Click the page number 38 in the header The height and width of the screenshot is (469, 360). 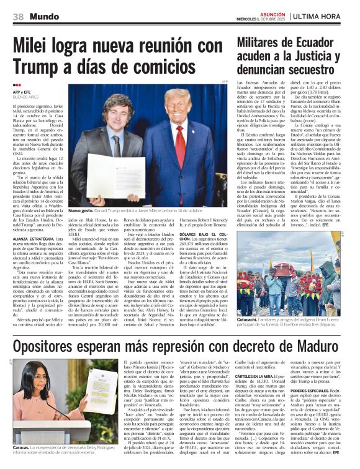[18, 15]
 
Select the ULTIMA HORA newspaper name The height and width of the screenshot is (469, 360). [324, 15]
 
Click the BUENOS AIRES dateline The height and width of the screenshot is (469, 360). [26, 97]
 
